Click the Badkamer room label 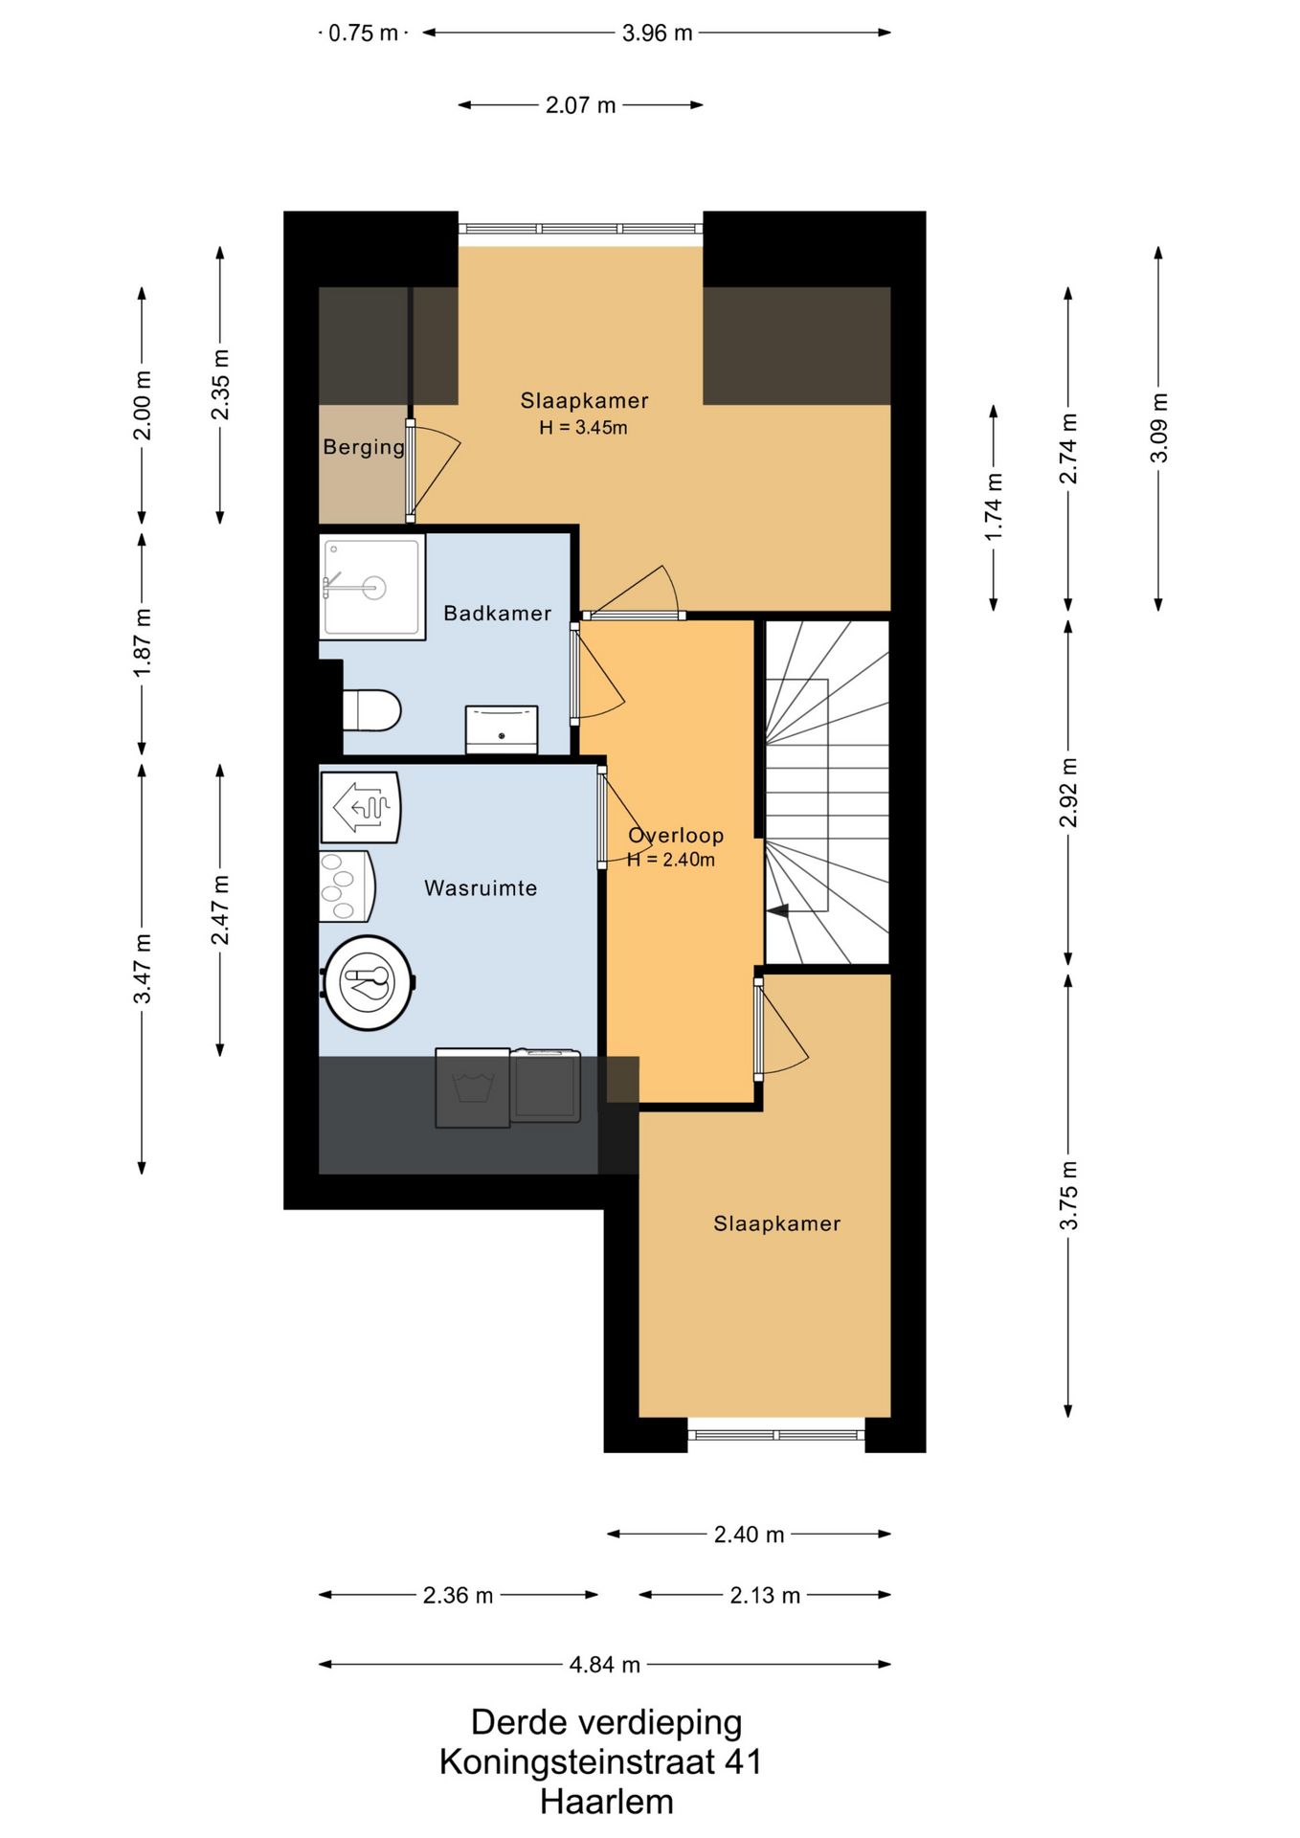[497, 613]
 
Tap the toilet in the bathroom [371, 710]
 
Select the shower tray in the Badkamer [372, 587]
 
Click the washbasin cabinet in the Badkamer [501, 730]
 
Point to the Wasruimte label [481, 887]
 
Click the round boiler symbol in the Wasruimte [369, 982]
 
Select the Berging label [364, 447]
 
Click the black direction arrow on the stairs [777, 910]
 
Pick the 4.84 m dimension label [604, 1665]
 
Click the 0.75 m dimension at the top [363, 34]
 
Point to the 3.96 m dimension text [657, 34]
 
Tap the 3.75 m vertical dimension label [1068, 1196]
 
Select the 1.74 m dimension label [994, 506]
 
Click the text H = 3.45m [583, 428]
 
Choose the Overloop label [676, 835]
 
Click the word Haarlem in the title [606, 1802]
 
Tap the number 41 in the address [743, 1761]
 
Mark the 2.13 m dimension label [765, 1596]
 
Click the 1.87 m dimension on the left [142, 642]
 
